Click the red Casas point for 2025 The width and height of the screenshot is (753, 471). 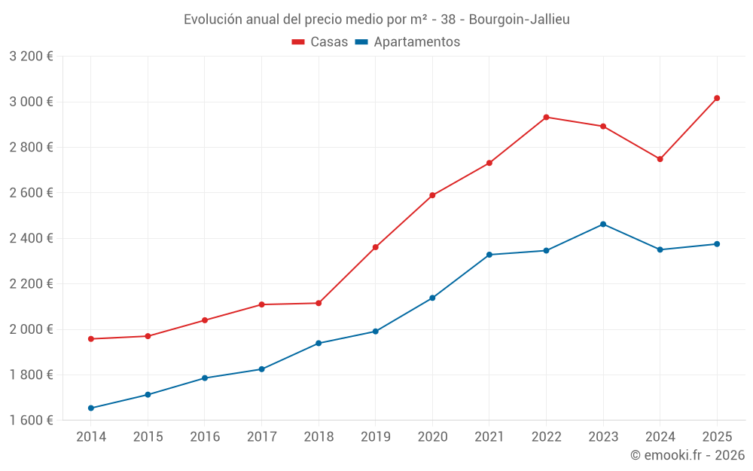pyautogui.click(x=717, y=98)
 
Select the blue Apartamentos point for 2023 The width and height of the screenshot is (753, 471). pyautogui.click(x=603, y=224)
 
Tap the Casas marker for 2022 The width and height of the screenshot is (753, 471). pyautogui.click(x=546, y=117)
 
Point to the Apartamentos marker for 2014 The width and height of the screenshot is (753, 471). pyautogui.click(x=91, y=408)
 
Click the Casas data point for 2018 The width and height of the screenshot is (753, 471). pyautogui.click(x=319, y=303)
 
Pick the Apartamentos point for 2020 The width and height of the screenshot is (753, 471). pyautogui.click(x=432, y=298)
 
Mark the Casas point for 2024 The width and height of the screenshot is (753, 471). pyautogui.click(x=660, y=159)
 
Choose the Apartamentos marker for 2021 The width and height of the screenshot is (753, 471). pyautogui.click(x=489, y=255)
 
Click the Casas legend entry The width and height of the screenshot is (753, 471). pyautogui.click(x=320, y=42)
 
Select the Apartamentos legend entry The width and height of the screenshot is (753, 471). pyautogui.click(x=407, y=42)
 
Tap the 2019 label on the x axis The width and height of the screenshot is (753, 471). pyautogui.click(x=375, y=436)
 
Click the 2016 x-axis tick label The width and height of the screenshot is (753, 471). pyautogui.click(x=205, y=436)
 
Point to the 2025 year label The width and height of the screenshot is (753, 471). pyautogui.click(x=717, y=436)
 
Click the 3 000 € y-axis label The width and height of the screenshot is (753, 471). pyautogui.click(x=31, y=102)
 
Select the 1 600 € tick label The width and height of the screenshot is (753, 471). pyautogui.click(x=31, y=420)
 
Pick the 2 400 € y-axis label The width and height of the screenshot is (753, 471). pyautogui.click(x=31, y=238)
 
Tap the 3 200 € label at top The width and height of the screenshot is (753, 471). pyautogui.click(x=31, y=57)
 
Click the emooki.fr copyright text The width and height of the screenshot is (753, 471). pyautogui.click(x=687, y=455)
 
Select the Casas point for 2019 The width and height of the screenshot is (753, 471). pyautogui.click(x=375, y=246)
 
